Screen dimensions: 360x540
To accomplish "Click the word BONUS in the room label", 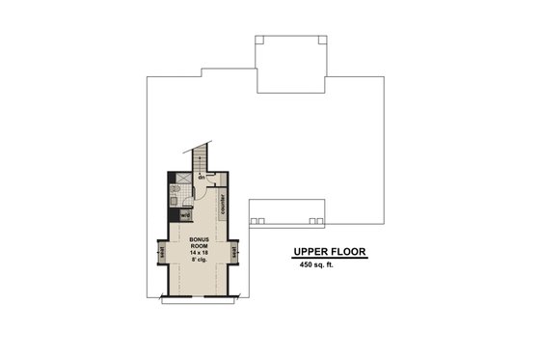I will [x=201, y=236].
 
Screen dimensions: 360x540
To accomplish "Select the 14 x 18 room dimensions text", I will [x=201, y=251].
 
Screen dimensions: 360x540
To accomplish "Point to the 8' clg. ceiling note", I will [x=201, y=259].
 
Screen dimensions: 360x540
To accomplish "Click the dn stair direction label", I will [x=202, y=178].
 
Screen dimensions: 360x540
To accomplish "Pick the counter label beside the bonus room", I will [x=223, y=204].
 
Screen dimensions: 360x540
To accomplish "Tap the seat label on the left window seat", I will [x=162, y=253].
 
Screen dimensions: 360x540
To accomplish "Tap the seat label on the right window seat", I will [x=234, y=253].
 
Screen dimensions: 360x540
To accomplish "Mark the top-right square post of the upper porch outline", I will [x=318, y=40].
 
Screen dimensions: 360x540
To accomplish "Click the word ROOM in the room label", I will [x=201, y=244].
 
